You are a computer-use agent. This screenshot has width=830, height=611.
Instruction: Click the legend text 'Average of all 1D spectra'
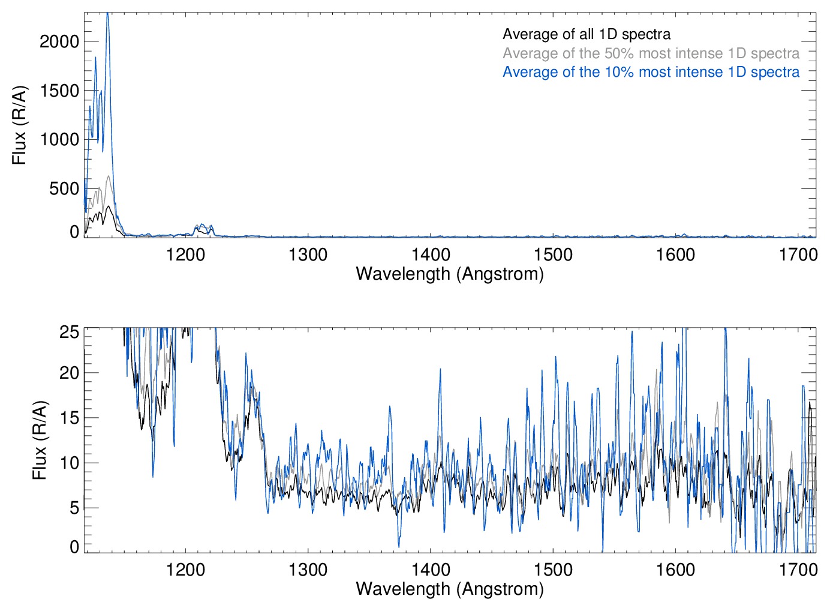coord(586,34)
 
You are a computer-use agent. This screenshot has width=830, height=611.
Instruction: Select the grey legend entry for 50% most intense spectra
coord(651,53)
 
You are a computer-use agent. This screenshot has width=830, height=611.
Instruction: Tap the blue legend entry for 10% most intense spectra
coord(651,72)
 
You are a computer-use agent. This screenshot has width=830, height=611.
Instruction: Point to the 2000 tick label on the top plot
coord(59,41)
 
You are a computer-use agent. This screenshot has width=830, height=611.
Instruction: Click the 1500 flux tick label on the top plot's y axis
coord(59,91)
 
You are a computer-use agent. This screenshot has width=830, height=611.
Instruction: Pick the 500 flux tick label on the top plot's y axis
coord(64,188)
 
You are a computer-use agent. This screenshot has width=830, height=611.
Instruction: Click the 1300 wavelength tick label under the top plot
coord(308,254)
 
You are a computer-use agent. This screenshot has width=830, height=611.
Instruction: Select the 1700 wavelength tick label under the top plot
coord(798,254)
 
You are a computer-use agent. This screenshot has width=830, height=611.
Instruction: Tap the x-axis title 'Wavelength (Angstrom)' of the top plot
coord(450,274)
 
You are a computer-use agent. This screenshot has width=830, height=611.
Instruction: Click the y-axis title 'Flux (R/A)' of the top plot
coord(19,125)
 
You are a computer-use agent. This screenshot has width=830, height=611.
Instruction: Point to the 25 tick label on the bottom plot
coord(69,332)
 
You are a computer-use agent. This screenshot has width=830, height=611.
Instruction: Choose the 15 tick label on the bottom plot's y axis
coord(69,418)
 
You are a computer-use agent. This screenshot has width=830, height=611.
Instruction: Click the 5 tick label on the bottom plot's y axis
coord(74,508)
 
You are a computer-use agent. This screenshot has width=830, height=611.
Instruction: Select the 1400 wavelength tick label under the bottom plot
coord(431,569)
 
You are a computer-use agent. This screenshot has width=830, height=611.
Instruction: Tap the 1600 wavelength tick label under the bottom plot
coord(675,569)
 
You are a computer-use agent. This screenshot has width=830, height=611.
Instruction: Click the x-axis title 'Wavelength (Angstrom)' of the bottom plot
coord(450,589)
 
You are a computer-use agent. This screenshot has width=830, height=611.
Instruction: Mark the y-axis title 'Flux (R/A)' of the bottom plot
coord(39,440)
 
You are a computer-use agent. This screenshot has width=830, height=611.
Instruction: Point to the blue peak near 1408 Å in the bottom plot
coord(440,370)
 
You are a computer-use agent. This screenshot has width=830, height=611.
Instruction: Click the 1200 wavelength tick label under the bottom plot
coord(185,569)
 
